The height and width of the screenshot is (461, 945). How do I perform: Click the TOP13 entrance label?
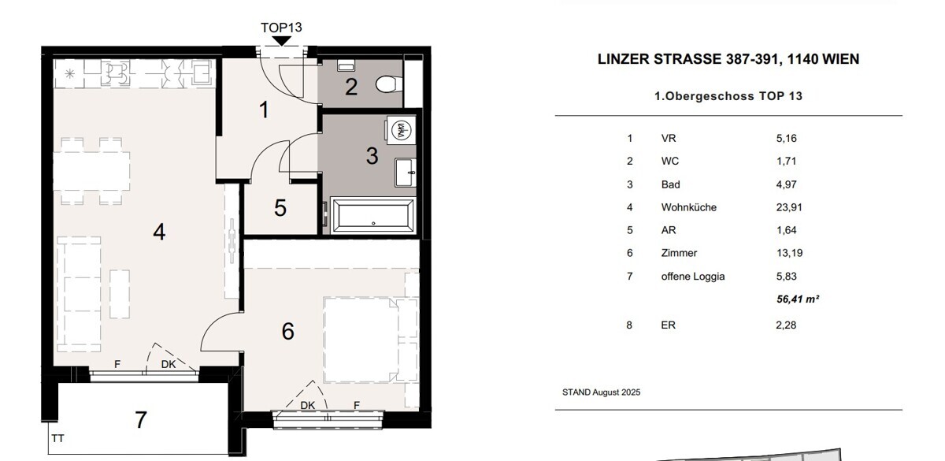281,28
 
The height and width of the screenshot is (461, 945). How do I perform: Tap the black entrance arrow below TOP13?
282,41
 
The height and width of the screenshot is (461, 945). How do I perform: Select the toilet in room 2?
386,84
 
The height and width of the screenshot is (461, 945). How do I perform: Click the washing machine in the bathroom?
401,129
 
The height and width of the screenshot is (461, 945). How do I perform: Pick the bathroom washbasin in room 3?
406,173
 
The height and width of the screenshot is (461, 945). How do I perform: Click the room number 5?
280,208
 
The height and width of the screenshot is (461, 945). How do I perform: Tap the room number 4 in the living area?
159,232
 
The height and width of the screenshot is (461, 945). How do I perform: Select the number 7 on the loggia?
141,419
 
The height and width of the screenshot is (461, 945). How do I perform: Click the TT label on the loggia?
57,439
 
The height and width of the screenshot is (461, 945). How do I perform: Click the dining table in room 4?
91,171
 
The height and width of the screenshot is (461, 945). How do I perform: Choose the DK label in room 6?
308,405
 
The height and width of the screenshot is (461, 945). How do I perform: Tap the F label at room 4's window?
117,364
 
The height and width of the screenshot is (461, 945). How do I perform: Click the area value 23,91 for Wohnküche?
789,207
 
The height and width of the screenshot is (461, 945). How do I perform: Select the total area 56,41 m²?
798,299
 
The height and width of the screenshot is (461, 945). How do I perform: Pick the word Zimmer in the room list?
679,253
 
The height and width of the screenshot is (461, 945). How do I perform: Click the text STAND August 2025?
601,392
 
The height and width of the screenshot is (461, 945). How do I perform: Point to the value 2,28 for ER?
786,325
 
